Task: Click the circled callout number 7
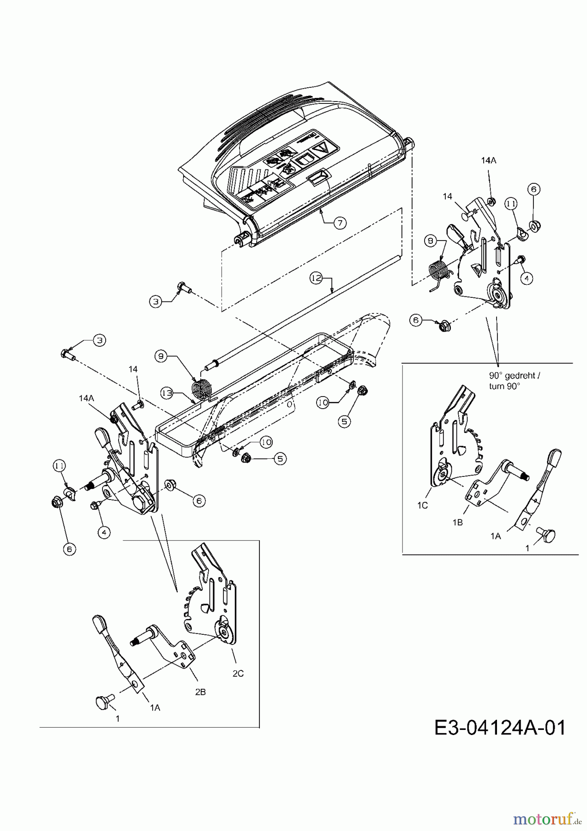(339, 223)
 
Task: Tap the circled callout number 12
(316, 278)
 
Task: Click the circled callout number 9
(161, 356)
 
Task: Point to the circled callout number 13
(167, 393)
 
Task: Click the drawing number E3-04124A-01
(500, 728)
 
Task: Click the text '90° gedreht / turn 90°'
(514, 381)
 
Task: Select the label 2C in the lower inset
(238, 674)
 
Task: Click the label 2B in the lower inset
(200, 692)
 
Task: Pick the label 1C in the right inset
(422, 505)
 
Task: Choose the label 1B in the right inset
(457, 522)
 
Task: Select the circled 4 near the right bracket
(527, 278)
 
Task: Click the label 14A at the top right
(488, 160)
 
